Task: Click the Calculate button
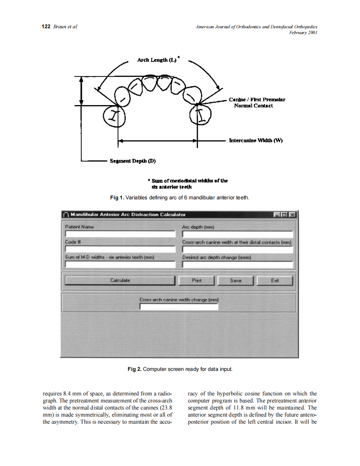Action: [120, 281]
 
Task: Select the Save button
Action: [235, 281]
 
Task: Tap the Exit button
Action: [274, 281]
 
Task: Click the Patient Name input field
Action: [120, 234]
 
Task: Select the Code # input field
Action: [120, 249]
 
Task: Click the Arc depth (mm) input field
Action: [237, 234]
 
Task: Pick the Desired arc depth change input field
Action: [237, 265]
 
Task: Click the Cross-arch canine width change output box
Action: [178, 307]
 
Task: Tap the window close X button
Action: [292, 215]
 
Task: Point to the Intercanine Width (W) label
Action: [256, 140]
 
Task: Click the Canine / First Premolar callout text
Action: [256, 103]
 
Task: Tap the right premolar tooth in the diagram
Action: [202, 114]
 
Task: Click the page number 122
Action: [46, 27]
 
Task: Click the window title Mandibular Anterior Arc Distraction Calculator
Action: [128, 215]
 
